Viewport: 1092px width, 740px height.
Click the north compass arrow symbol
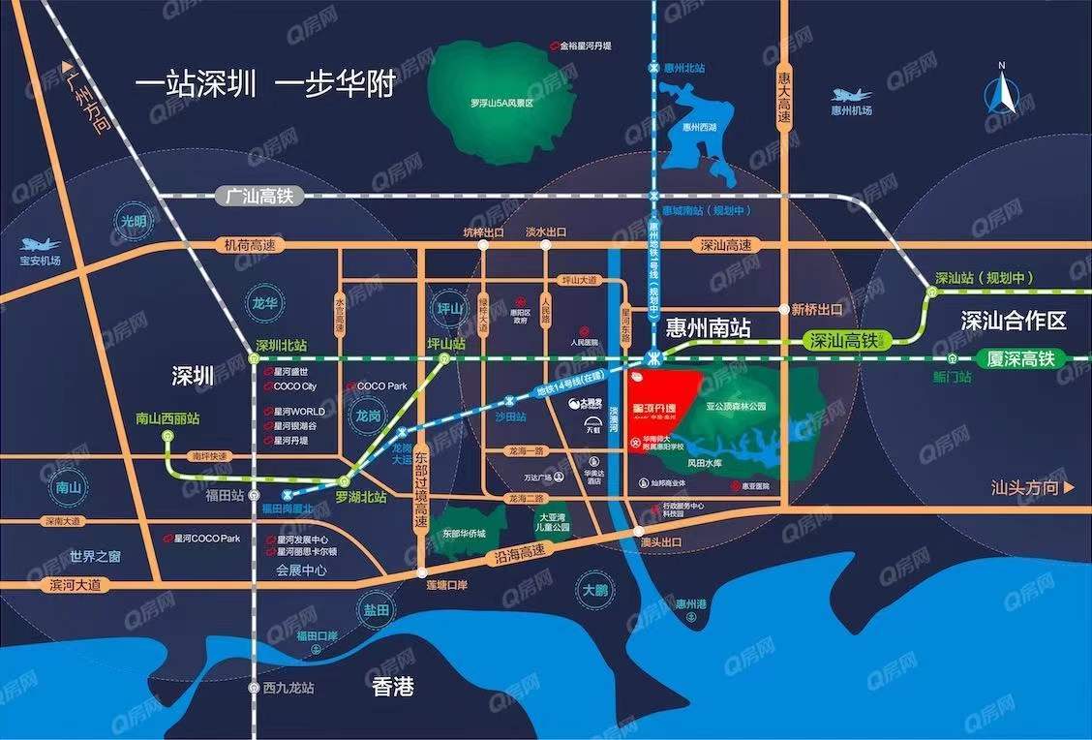(1004, 93)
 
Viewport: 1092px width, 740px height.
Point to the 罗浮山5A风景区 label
(501, 102)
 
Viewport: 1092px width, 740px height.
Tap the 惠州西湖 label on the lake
(698, 126)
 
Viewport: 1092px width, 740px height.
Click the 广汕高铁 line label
(248, 196)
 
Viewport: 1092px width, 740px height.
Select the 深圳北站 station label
(281, 346)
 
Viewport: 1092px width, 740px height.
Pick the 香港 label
(393, 687)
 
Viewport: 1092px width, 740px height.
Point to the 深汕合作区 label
(1013, 321)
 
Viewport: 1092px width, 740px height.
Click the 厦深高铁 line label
(1019, 358)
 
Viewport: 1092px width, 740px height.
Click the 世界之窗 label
(95, 556)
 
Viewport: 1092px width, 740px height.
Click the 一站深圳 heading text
(197, 84)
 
